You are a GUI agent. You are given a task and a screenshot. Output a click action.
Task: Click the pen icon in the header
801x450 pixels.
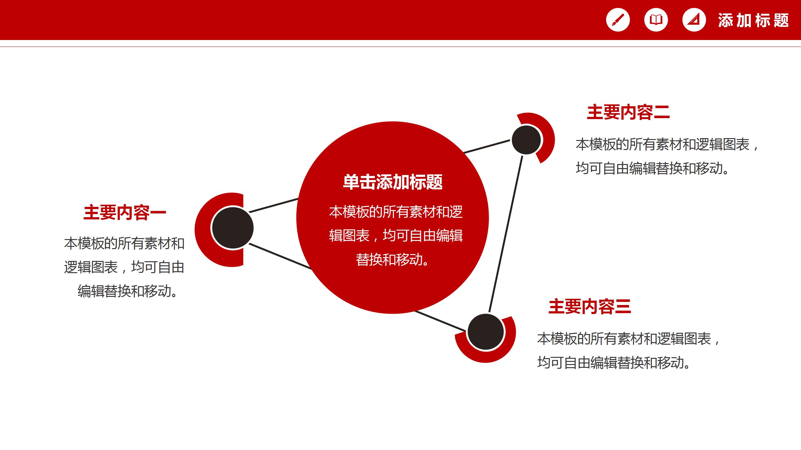(x=618, y=20)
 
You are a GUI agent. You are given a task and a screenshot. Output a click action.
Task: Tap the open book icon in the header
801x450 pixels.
(x=656, y=20)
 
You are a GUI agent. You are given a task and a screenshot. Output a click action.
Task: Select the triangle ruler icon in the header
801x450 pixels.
(x=694, y=20)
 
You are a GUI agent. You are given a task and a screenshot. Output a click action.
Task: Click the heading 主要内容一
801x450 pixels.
(x=125, y=212)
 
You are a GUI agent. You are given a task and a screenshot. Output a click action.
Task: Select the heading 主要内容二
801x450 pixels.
(x=628, y=112)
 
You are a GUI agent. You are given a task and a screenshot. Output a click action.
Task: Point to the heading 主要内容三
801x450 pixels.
(x=589, y=306)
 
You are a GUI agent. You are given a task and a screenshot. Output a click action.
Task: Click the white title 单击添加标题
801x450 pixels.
(x=393, y=182)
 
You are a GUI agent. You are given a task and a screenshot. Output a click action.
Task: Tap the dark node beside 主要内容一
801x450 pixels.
(x=232, y=228)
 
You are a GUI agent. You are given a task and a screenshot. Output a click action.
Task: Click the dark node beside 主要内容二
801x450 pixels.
(x=526, y=140)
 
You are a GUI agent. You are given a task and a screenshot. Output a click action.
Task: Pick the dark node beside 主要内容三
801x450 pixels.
(x=486, y=332)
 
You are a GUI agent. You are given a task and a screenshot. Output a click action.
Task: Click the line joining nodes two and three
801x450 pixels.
(x=506, y=234)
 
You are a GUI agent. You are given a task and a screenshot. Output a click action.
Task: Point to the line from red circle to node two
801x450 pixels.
(x=487, y=147)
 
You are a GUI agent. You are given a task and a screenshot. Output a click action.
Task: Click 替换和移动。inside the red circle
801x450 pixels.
(x=393, y=260)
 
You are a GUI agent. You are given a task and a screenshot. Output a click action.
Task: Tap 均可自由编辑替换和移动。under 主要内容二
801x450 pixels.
(x=652, y=168)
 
